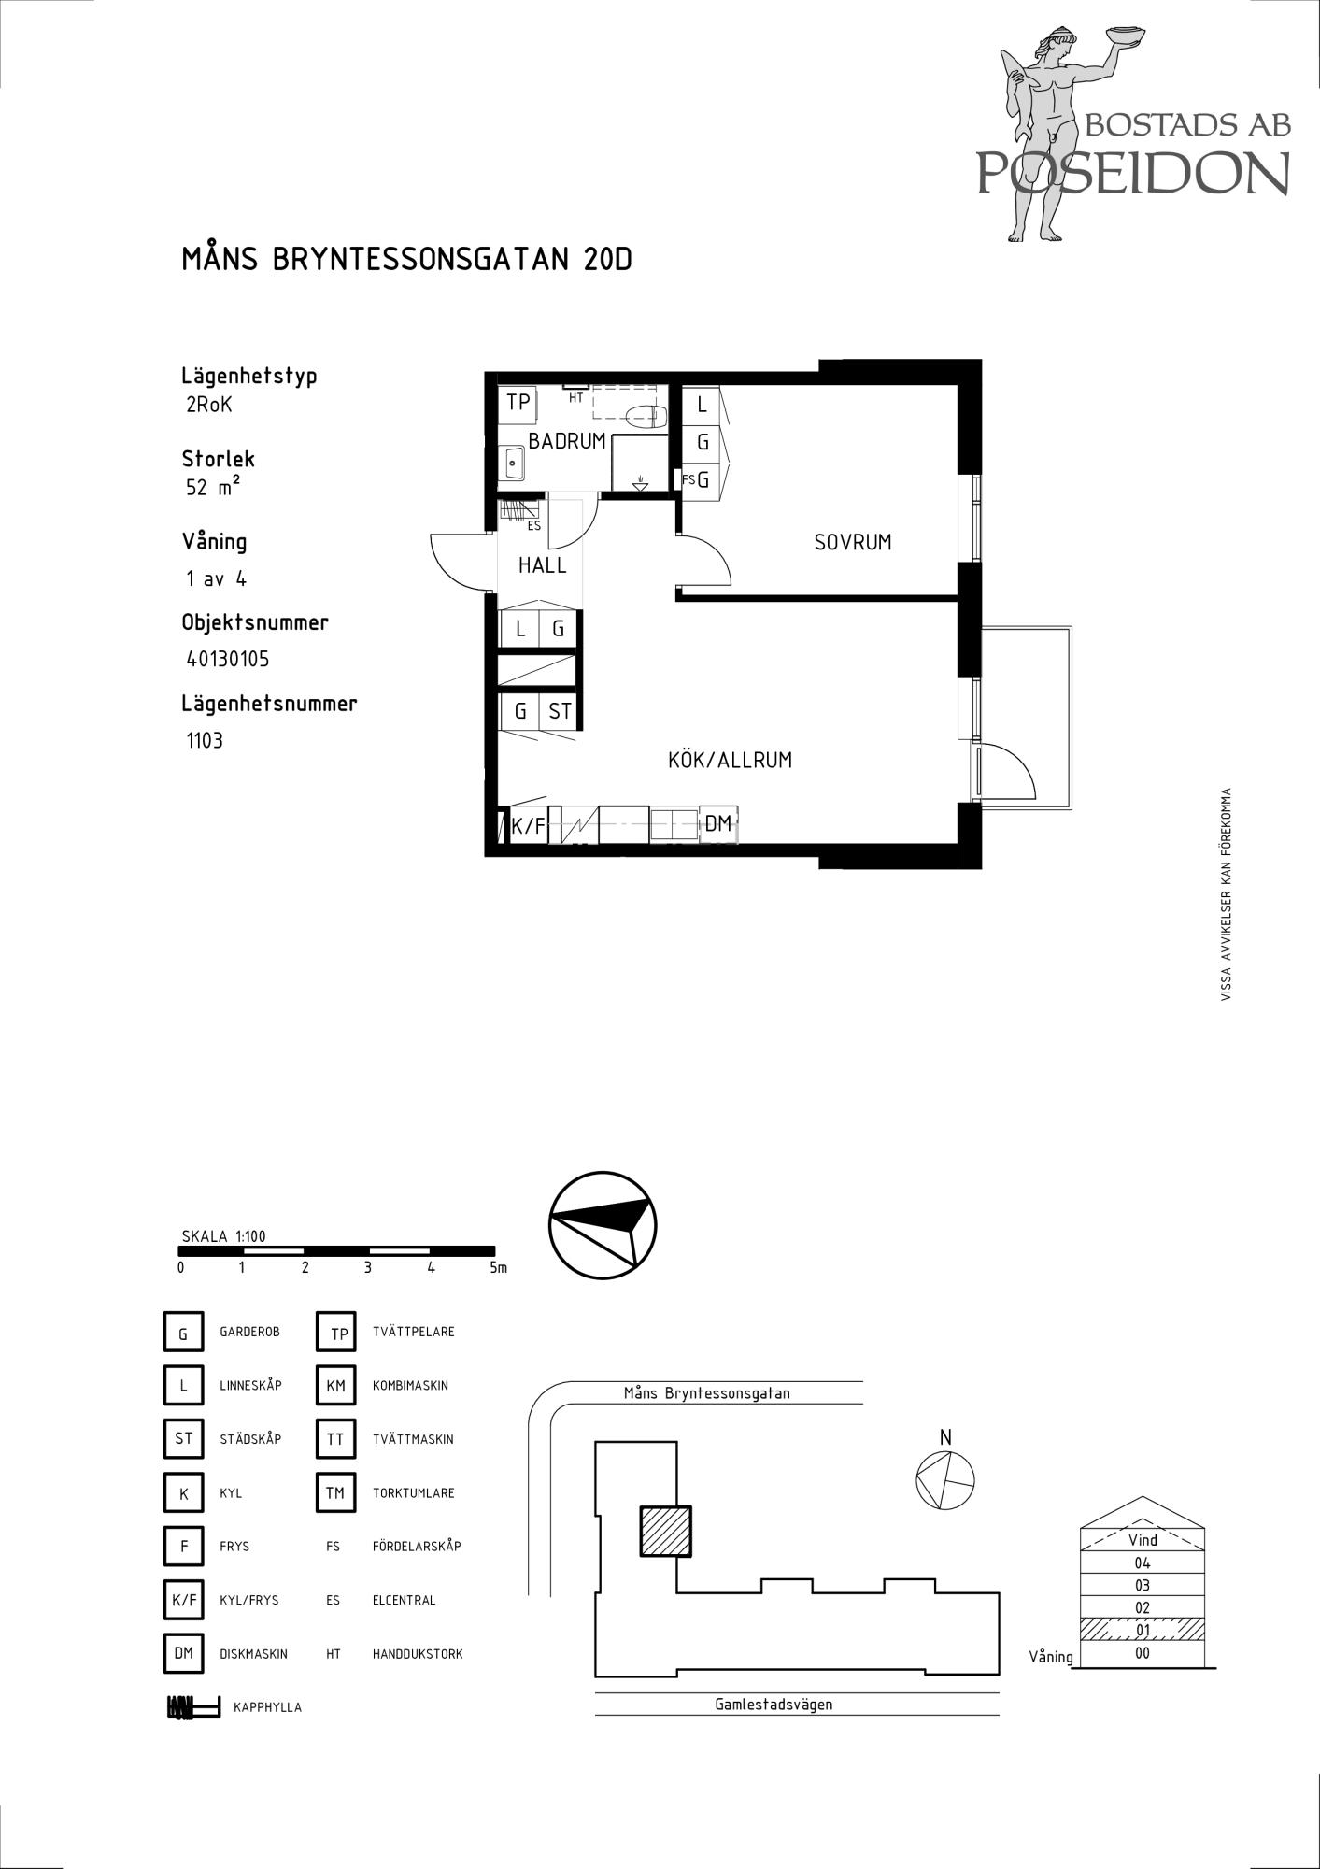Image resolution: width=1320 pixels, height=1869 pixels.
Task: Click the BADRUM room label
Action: (x=567, y=441)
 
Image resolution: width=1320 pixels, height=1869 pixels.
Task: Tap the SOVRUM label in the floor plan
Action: (x=853, y=542)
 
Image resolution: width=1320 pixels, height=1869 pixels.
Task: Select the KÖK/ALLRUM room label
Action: (x=730, y=761)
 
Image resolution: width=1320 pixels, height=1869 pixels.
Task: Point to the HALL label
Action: (x=543, y=565)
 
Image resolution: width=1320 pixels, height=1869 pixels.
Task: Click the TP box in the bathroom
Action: (x=518, y=403)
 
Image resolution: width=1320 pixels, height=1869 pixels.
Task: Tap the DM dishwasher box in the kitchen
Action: (x=718, y=823)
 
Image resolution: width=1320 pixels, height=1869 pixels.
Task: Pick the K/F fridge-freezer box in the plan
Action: (x=528, y=826)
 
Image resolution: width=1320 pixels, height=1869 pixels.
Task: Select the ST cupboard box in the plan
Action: (x=560, y=711)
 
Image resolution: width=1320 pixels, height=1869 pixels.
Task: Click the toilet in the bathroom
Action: (x=645, y=417)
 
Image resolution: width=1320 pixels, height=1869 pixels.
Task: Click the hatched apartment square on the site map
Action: (x=665, y=1531)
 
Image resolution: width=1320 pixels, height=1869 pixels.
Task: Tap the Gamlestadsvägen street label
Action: (x=774, y=1704)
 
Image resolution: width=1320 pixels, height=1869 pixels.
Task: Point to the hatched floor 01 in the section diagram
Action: (x=1143, y=1630)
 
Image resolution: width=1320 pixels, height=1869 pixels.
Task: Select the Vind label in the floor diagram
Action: (x=1143, y=1540)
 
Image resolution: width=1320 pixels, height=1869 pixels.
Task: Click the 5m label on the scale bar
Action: (x=498, y=1268)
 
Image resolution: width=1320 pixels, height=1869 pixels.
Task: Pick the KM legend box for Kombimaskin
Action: (x=336, y=1386)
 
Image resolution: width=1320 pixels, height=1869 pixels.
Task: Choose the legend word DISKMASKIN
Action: (x=254, y=1654)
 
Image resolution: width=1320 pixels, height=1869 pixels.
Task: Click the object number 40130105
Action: (x=228, y=660)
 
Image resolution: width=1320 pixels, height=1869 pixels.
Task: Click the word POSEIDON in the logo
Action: (x=1133, y=172)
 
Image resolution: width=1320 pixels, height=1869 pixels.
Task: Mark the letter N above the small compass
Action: (x=945, y=1437)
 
